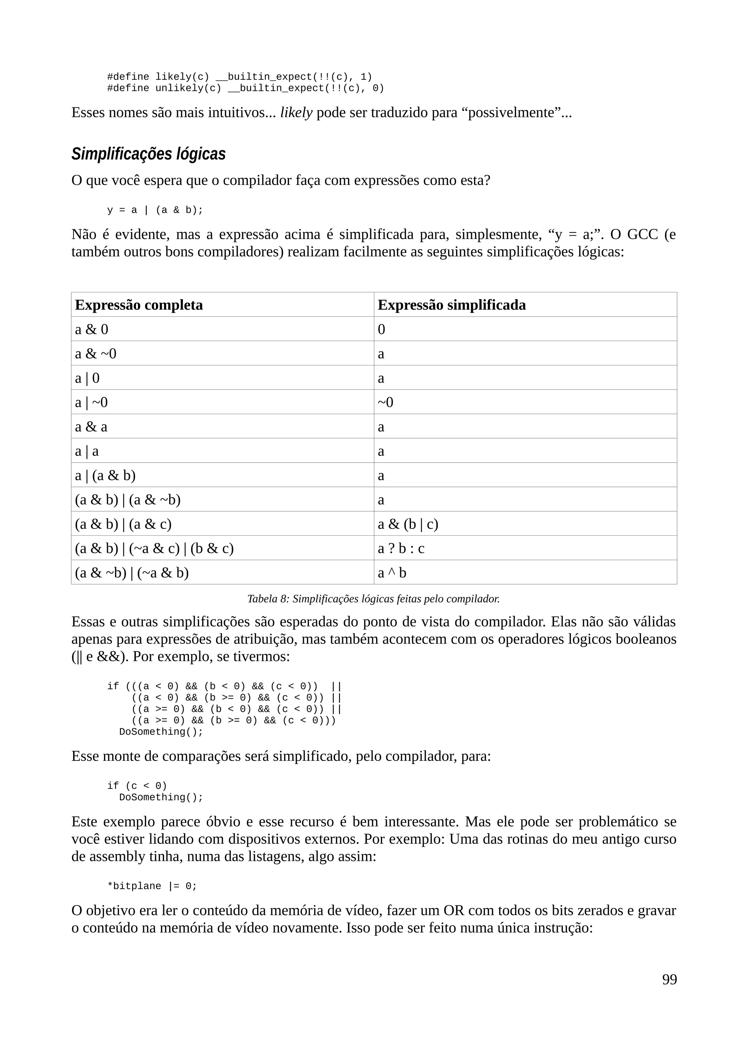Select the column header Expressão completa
coord(139,305)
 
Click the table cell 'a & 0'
coord(92,329)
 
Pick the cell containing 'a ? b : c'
coord(401,549)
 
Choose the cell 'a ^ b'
coord(392,573)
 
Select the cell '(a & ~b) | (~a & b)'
coord(132,573)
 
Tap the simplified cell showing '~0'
coord(385,402)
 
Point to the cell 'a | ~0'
coord(91,402)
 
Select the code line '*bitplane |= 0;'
coord(152,887)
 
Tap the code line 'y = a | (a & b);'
coord(155,210)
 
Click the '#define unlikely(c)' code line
coord(245,88)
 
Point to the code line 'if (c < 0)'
coord(137,786)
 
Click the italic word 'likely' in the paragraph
coord(296,113)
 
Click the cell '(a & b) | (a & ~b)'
coord(128,500)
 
